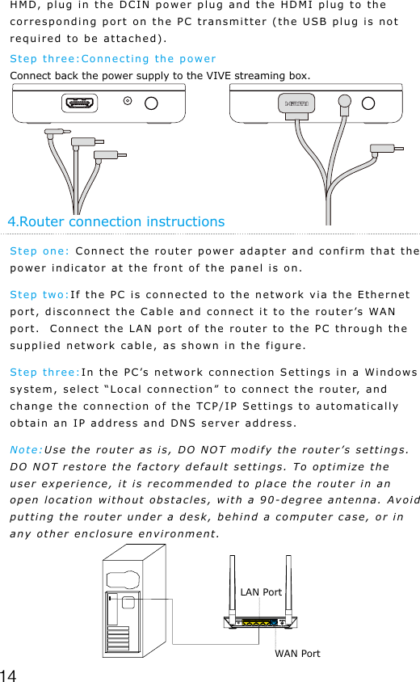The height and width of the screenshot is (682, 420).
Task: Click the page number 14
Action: click(x=10, y=674)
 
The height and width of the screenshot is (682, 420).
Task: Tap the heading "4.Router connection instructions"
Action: click(x=115, y=221)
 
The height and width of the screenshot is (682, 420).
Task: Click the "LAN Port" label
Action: click(x=261, y=592)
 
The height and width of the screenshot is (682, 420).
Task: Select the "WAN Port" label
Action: click(x=297, y=653)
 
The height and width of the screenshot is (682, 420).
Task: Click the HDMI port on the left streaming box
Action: click(x=80, y=103)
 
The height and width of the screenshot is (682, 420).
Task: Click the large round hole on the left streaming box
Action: click(x=152, y=103)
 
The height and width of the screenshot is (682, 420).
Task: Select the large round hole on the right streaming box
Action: click(x=369, y=103)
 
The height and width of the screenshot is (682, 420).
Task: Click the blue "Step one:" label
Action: click(x=39, y=250)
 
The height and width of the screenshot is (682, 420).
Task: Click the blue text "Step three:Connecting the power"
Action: click(x=112, y=58)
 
